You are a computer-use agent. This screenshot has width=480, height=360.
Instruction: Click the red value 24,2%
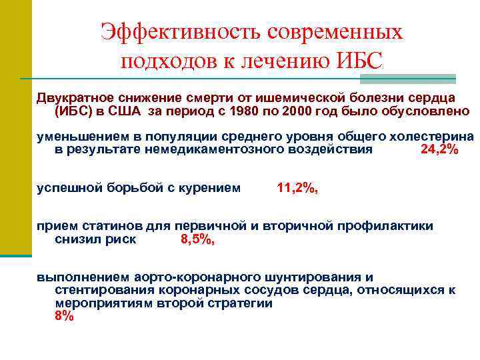tap(440, 149)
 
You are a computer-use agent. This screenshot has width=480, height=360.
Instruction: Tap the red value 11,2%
tap(297, 188)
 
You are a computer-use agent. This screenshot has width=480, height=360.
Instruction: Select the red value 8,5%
tap(198, 239)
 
